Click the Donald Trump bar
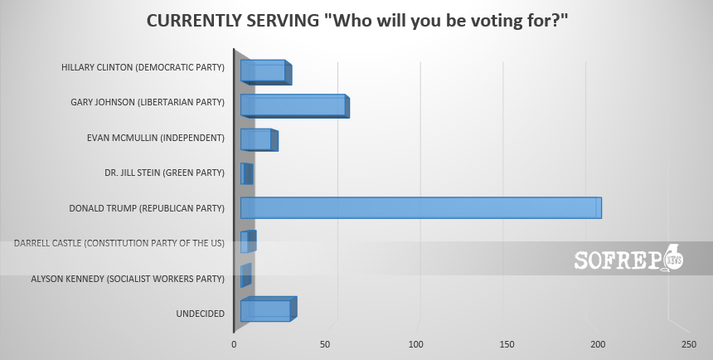[420, 207]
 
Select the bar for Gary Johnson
[293, 105]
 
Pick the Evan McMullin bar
[257, 139]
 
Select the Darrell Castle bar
[248, 241]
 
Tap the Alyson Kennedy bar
[245, 275]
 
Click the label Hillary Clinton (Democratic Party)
[143, 67]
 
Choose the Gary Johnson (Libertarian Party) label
[148, 102]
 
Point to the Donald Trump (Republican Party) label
[147, 208]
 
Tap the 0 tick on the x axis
[234, 344]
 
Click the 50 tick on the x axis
[325, 344]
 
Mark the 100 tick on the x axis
[416, 344]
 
